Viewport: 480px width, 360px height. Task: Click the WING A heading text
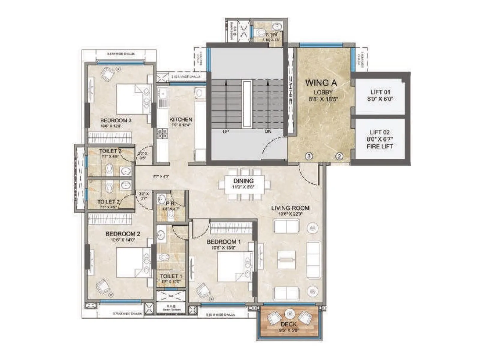(x=321, y=83)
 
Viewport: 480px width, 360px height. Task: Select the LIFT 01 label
(x=380, y=92)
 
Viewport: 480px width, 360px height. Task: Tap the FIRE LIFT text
(x=380, y=146)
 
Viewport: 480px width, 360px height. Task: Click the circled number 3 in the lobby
(x=309, y=156)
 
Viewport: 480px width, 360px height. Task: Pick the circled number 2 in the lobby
(x=339, y=156)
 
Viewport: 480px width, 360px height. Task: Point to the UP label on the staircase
(x=226, y=131)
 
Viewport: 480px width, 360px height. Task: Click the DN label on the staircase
(x=268, y=131)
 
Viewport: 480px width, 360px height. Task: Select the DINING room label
(x=243, y=181)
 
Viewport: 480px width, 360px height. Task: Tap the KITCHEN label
(x=181, y=119)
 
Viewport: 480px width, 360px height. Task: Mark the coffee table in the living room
(x=286, y=259)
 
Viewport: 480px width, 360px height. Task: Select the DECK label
(x=289, y=324)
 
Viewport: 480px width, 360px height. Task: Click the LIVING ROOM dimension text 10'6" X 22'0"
(x=290, y=214)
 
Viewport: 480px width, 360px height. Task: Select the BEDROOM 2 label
(x=123, y=234)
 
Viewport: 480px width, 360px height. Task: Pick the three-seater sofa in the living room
(x=313, y=259)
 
